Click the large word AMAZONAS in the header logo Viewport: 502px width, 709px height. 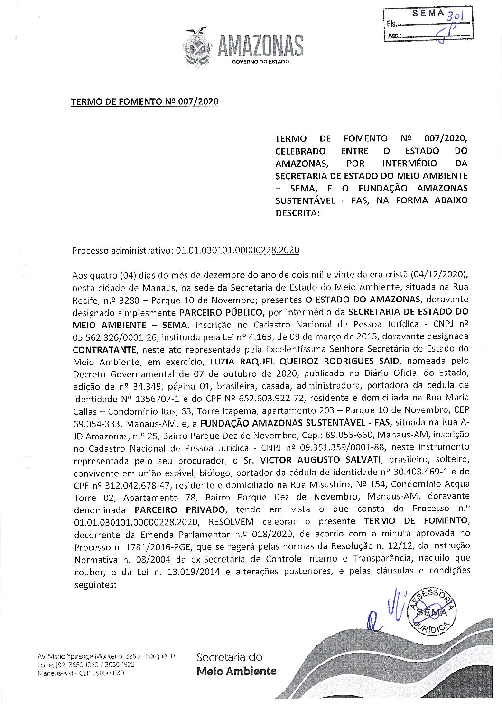tap(260, 46)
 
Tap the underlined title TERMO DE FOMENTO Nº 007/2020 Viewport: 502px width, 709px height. tap(145, 102)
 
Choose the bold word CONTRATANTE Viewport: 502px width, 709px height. tap(105, 349)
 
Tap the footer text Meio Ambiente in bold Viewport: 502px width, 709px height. tap(236, 671)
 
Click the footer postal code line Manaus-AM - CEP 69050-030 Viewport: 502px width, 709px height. tap(81, 673)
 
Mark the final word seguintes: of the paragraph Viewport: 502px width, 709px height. tap(95, 584)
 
